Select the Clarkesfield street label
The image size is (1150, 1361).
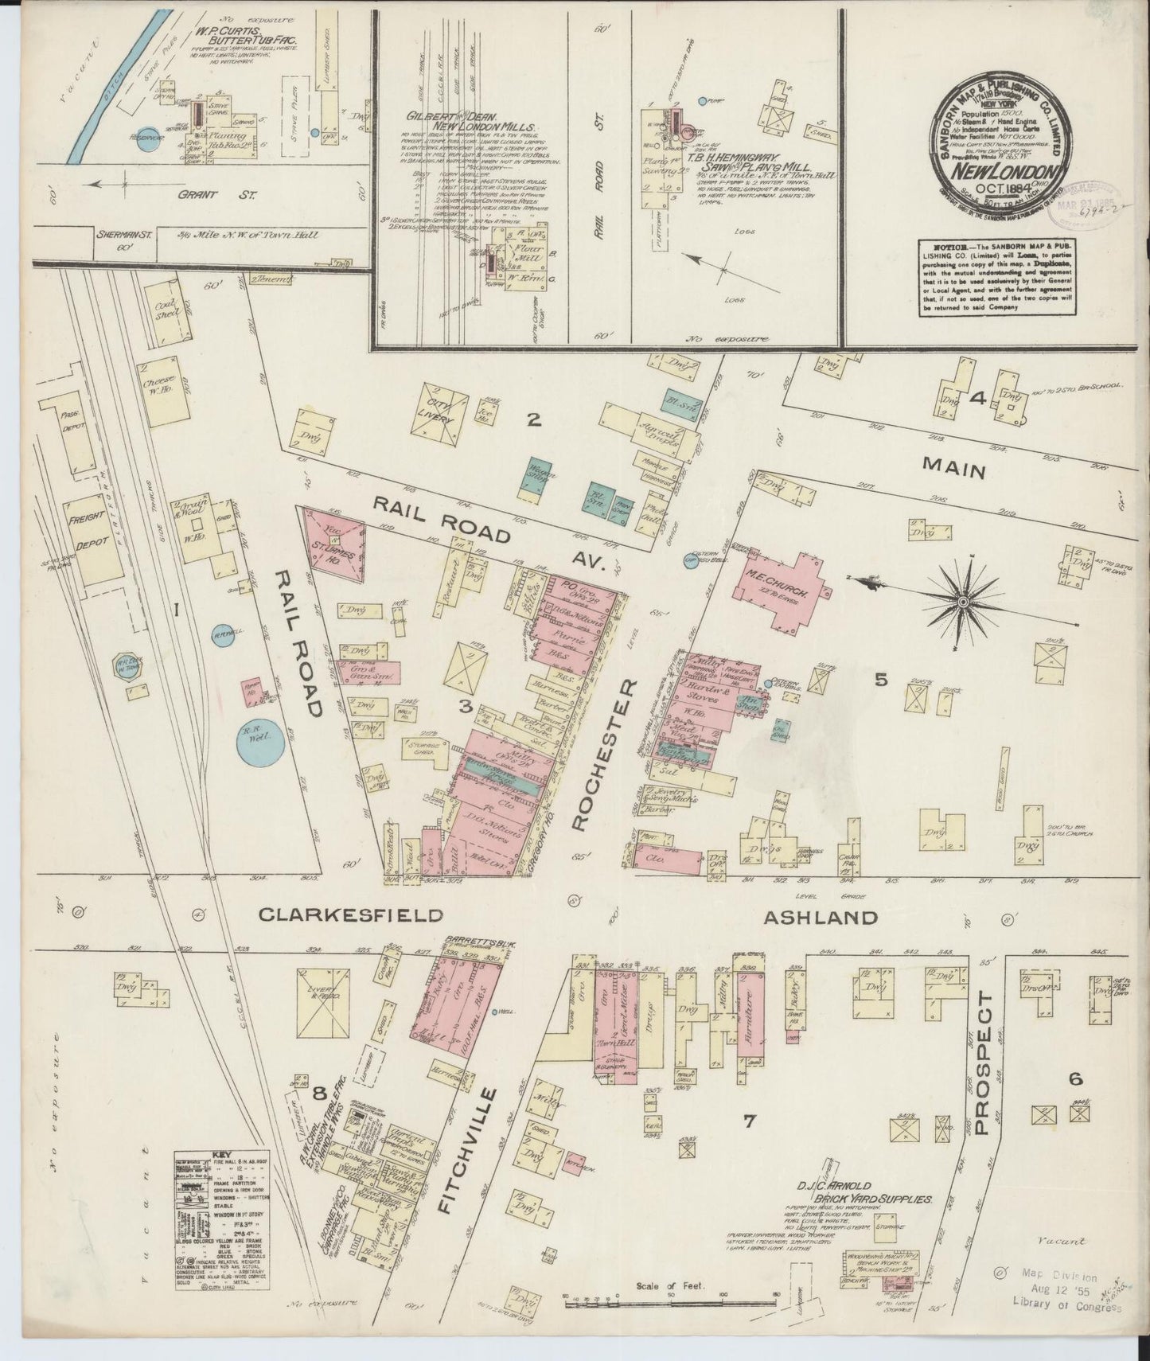[x=349, y=915]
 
